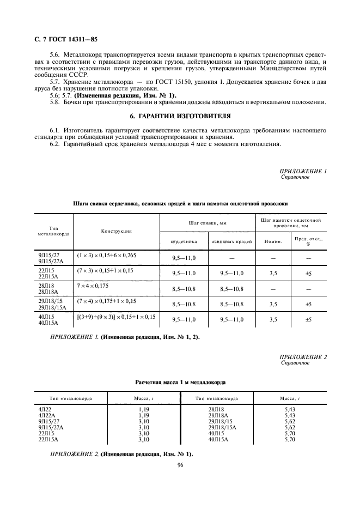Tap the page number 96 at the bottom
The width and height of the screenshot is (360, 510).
click(180, 465)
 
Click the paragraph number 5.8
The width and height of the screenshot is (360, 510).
click(55, 102)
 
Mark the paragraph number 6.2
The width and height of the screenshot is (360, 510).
click(55, 145)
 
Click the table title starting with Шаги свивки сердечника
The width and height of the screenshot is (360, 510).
click(180, 203)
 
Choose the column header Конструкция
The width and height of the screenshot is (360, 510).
click(116, 231)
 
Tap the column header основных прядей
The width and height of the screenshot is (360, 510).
click(231, 241)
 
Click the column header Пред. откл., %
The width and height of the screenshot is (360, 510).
click(309, 241)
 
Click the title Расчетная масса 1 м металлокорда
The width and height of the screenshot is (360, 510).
click(180, 383)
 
